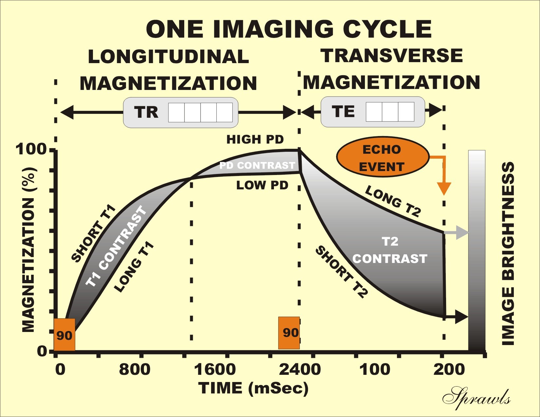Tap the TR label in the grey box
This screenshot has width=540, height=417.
coord(146,112)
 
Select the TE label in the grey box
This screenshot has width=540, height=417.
coord(343,112)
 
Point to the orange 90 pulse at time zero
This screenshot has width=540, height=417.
coord(64,334)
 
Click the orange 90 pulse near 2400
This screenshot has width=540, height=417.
coord(289,333)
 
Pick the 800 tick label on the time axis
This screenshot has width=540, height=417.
coord(135,370)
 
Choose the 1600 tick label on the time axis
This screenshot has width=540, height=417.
coord(215,370)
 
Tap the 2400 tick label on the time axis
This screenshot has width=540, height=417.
coord(300,370)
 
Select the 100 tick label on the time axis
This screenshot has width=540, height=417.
coord(375,370)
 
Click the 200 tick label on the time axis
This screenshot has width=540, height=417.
coord(449,370)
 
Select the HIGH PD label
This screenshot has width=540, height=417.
coord(255,140)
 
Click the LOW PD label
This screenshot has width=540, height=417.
coord(262,185)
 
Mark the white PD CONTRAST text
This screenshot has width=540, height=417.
coord(257,165)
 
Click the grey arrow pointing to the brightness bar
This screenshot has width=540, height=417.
coord(456,233)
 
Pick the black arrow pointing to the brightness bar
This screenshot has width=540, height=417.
coord(457,317)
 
